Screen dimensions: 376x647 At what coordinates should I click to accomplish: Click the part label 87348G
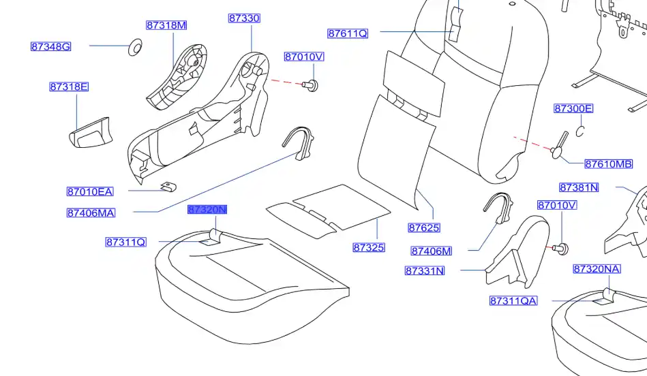[x=50, y=47]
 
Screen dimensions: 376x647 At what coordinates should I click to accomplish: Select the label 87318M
[x=166, y=25]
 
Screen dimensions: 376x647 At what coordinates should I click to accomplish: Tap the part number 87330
[x=244, y=18]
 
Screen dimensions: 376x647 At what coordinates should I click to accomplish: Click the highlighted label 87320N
[x=207, y=210]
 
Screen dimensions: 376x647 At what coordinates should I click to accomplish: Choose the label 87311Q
[x=125, y=242]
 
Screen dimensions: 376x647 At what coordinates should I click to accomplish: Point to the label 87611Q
[x=348, y=33]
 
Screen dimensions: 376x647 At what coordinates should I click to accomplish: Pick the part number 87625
[x=424, y=228]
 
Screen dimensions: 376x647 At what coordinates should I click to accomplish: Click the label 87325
[x=369, y=248]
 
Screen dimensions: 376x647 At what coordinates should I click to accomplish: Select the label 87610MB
[x=609, y=164]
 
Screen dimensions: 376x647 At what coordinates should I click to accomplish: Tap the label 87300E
[x=573, y=108]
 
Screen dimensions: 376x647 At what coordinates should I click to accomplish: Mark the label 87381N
[x=579, y=187]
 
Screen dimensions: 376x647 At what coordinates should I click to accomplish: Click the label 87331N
[x=425, y=270]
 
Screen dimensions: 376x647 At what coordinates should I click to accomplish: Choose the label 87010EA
[x=90, y=191]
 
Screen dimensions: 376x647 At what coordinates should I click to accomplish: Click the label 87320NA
[x=597, y=269]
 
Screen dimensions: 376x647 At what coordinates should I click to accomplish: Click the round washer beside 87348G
[x=135, y=47]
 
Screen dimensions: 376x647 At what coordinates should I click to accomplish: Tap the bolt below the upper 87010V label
[x=314, y=84]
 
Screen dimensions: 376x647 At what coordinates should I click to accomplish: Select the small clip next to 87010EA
[x=166, y=186]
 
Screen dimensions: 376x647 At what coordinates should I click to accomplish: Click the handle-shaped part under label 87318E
[x=89, y=133]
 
